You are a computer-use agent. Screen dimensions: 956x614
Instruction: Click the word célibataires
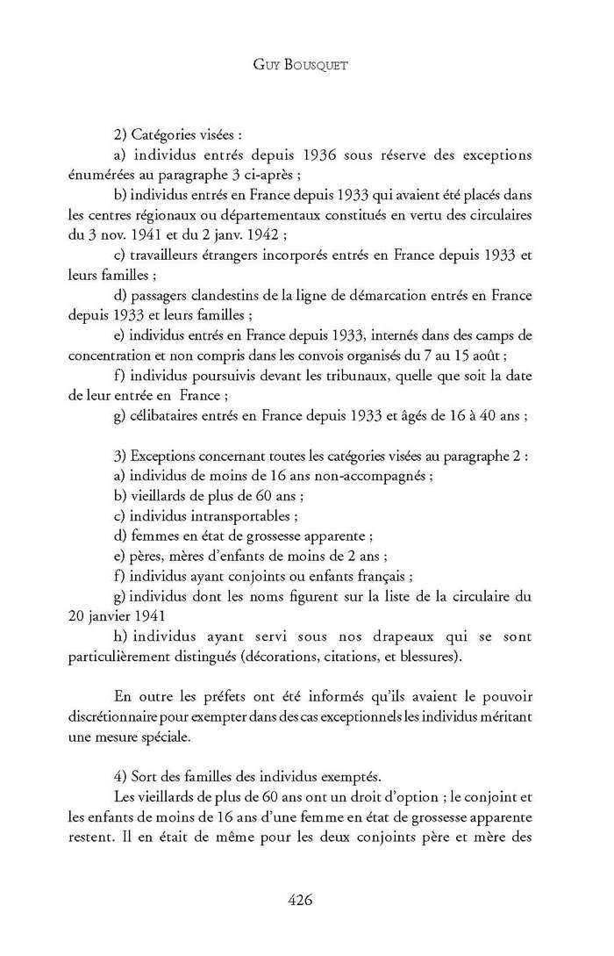click(165, 415)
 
